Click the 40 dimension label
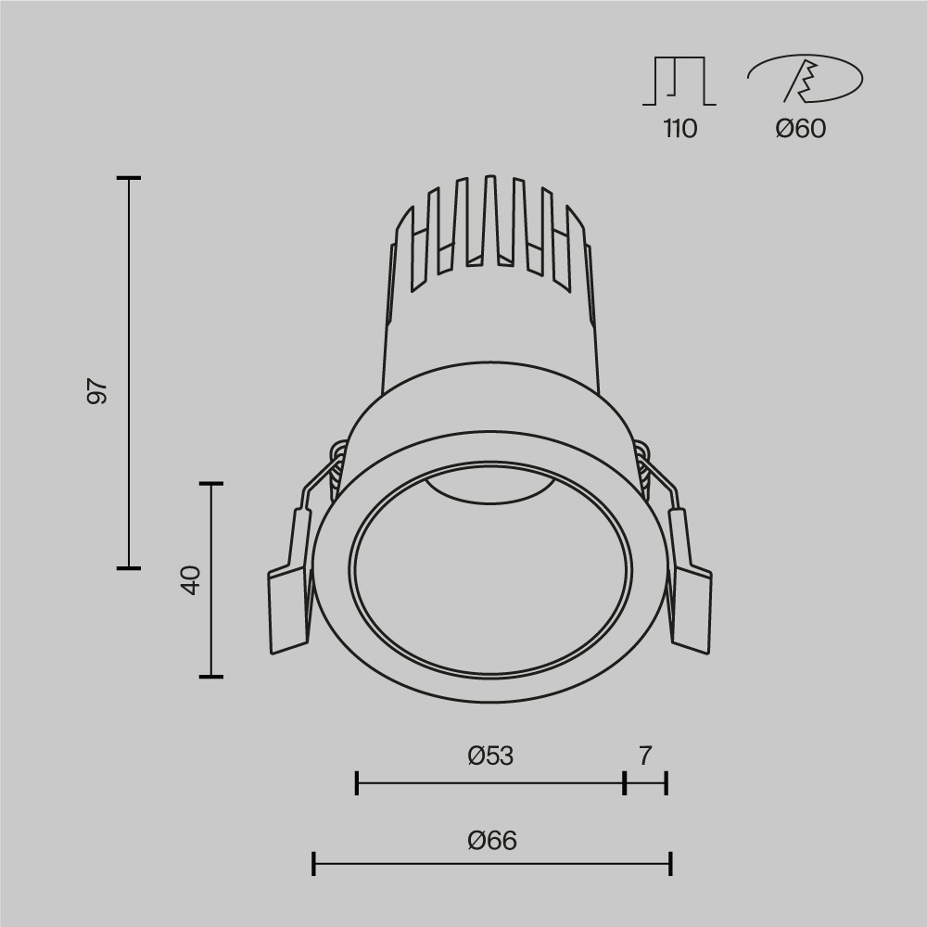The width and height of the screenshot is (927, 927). click(190, 580)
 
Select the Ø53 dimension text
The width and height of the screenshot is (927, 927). click(490, 756)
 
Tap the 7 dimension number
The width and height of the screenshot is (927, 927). click(645, 756)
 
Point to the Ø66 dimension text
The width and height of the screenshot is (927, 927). click(492, 841)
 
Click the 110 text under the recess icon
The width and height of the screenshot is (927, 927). click(679, 129)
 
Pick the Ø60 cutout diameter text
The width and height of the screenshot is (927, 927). click(801, 129)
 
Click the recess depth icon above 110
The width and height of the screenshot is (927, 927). click(679, 81)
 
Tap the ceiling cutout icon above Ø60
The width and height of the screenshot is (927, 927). click(805, 79)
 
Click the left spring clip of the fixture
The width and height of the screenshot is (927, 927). click(289, 593)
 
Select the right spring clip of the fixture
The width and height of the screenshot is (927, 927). click(691, 593)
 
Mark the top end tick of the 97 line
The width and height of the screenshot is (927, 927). click(128, 177)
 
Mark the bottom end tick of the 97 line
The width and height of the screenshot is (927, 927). click(128, 567)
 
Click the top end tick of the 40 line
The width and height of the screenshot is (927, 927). click(211, 484)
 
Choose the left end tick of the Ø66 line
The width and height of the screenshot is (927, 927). click(314, 865)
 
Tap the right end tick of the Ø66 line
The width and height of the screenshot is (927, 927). click(670, 865)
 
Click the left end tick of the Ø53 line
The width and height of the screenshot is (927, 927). click(357, 783)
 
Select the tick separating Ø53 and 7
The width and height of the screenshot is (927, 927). click(625, 783)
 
